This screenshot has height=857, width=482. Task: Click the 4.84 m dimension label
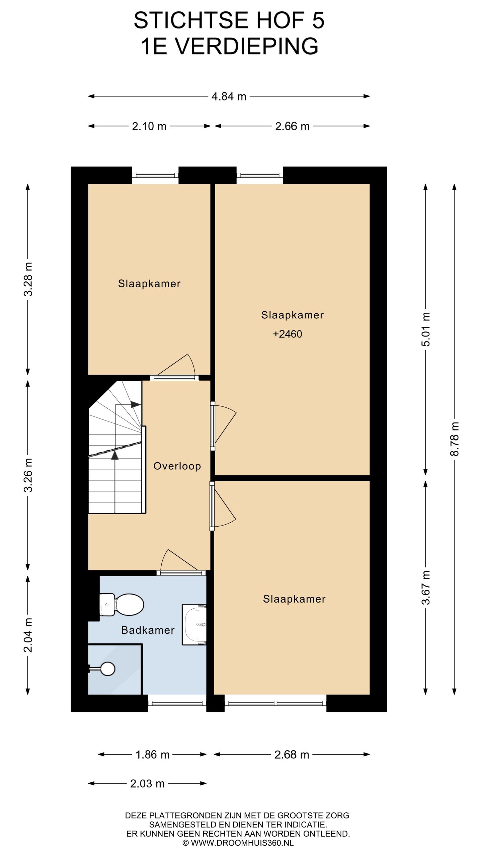[229, 97]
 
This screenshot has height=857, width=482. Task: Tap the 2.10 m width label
[149, 127]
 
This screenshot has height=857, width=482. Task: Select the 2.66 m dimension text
[292, 127]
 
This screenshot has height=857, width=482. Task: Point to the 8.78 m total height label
[455, 439]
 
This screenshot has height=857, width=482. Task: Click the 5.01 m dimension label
[426, 329]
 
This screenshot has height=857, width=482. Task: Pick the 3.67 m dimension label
[426, 588]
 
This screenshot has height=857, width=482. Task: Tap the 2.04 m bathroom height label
[28, 635]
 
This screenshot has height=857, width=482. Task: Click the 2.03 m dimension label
[147, 784]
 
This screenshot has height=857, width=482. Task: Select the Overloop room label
[177, 466]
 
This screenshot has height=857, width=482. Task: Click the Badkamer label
[148, 630]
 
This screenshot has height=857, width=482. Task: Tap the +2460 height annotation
[288, 334]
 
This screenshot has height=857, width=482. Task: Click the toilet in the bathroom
[122, 604]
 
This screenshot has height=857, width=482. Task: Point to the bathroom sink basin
[194, 624]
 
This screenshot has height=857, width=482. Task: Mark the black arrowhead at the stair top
[136, 404]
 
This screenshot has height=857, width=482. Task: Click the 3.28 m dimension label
[28, 280]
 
